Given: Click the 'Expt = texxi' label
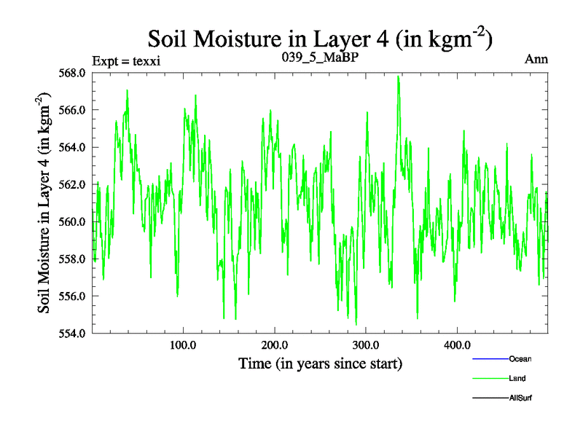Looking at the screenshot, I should click(126, 60).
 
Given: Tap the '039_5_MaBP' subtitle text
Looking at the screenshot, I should click(320, 56).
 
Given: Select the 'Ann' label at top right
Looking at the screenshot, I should click(536, 59).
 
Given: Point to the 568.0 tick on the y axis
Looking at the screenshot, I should click(73, 73).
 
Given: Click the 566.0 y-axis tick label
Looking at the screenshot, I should click(73, 110).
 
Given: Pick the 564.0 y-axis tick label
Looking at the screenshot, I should click(73, 147).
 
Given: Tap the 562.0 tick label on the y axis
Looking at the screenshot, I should click(73, 184).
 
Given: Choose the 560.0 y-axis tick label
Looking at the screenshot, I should click(73, 221).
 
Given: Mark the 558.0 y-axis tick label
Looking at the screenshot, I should click(73, 259).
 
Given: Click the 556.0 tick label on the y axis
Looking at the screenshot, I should click(73, 296).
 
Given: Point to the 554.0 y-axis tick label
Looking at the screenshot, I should click(73, 333).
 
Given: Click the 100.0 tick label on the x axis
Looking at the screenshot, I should click(183, 344).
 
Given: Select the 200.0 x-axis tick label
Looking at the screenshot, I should click(274, 344).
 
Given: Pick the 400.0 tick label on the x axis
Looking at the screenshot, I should click(456, 344).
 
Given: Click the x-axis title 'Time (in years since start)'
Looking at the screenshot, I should click(320, 363).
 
